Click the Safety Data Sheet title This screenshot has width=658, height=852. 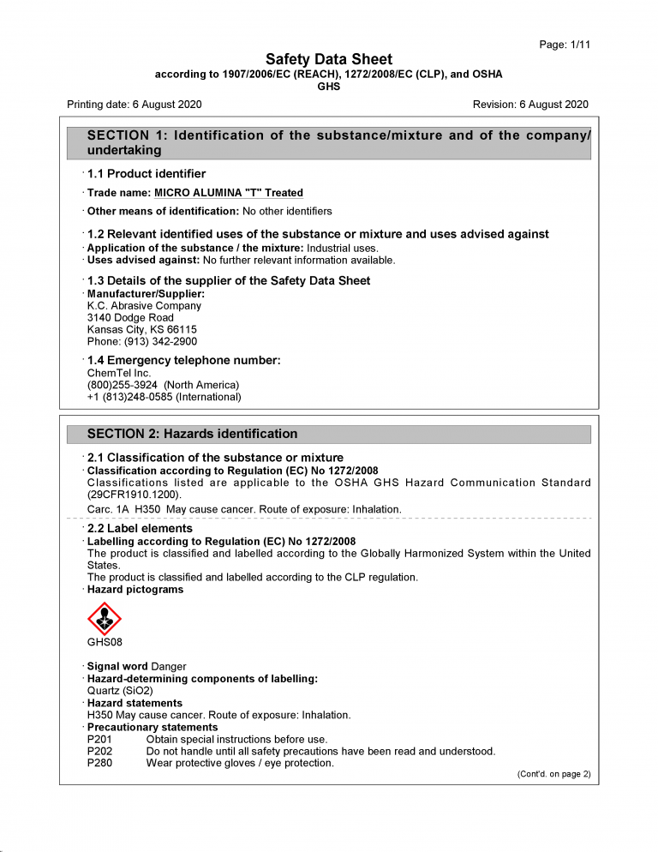[x=329, y=59]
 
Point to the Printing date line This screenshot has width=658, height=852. [x=135, y=105]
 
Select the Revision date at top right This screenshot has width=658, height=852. [x=530, y=105]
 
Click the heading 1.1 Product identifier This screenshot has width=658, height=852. [x=147, y=174]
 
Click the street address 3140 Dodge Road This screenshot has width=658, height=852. [x=130, y=318]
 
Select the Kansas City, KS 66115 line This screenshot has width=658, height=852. [x=141, y=330]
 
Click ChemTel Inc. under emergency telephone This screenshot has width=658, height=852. [x=119, y=373]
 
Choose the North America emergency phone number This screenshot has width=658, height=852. [x=163, y=385]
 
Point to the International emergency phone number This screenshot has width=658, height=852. [x=164, y=397]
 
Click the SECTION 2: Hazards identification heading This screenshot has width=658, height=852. [x=193, y=434]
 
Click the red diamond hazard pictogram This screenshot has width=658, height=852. [x=105, y=618]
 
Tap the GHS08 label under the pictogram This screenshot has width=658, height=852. [x=105, y=642]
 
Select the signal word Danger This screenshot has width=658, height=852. [x=168, y=667]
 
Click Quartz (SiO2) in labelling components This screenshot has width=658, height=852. [x=123, y=691]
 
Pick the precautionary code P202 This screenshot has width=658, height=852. [x=99, y=751]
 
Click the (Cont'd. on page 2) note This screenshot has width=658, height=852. [x=553, y=774]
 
